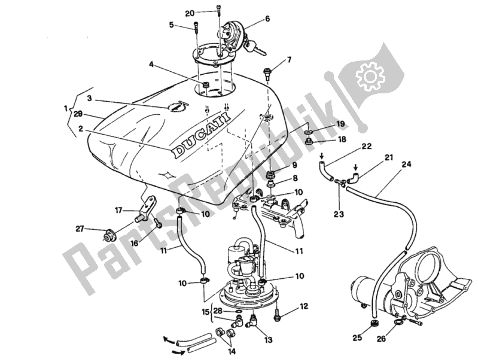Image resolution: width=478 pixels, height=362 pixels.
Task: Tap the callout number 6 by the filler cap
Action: point(267,19)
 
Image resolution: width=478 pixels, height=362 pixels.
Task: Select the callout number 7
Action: point(289,59)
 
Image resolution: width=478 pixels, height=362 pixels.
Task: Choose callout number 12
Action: point(304,306)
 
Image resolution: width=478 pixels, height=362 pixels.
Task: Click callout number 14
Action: point(232,351)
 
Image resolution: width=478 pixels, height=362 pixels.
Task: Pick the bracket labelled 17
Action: point(145,206)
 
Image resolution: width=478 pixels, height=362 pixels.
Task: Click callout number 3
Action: point(89,98)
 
